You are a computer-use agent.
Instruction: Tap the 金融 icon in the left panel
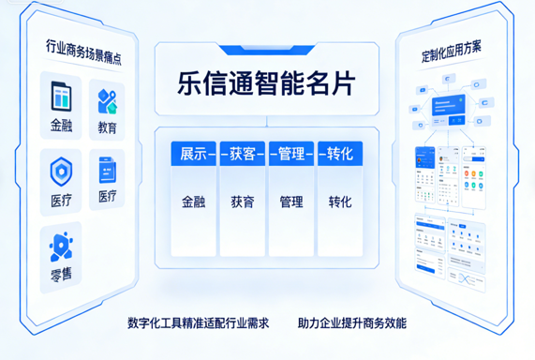pos(62,97)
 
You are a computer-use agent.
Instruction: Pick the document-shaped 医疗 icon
pos(107,171)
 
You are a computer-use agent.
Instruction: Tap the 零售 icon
pos(61,245)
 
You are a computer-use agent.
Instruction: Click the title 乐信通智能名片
pos(266,82)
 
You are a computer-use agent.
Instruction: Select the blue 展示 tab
pos(194,154)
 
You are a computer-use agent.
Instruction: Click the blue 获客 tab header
pos(242,154)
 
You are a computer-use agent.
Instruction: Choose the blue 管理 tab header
pos(290,154)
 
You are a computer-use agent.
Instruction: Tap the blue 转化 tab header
pos(339,154)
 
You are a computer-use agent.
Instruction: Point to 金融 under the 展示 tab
pos(194,201)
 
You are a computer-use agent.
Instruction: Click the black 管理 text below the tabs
pos(290,201)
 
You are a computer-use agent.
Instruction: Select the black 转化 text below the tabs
pos(339,201)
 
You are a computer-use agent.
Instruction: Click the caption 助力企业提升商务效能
pos(352,324)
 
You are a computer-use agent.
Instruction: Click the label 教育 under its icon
pos(107,127)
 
